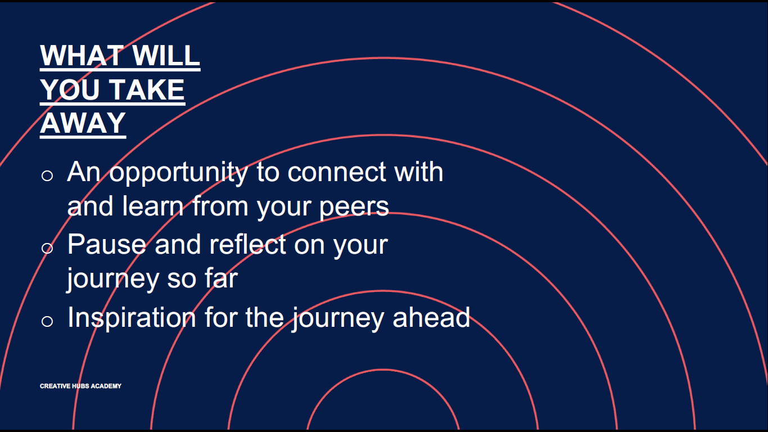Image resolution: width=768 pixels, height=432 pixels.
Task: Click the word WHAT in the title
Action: click(x=82, y=56)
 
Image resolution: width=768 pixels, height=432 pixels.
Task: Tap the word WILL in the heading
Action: click(x=166, y=56)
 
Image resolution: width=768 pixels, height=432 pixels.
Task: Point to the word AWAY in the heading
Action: click(x=83, y=123)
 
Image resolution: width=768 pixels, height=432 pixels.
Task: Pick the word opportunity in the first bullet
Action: click(x=179, y=173)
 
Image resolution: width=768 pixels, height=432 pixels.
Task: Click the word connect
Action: click(x=337, y=172)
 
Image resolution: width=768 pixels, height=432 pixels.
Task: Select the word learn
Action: click(x=153, y=206)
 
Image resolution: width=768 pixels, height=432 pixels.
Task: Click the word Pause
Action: click(x=107, y=244)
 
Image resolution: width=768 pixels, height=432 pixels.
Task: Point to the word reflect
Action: click(x=247, y=244)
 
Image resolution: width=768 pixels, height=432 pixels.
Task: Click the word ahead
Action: click(x=431, y=317)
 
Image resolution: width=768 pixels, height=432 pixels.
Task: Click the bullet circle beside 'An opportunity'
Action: click(x=47, y=175)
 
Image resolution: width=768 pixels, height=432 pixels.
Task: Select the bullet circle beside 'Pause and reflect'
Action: click(x=47, y=248)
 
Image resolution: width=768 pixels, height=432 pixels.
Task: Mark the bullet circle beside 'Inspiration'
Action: click(x=47, y=321)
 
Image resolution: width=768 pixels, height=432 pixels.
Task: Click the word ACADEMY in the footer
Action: click(x=106, y=386)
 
